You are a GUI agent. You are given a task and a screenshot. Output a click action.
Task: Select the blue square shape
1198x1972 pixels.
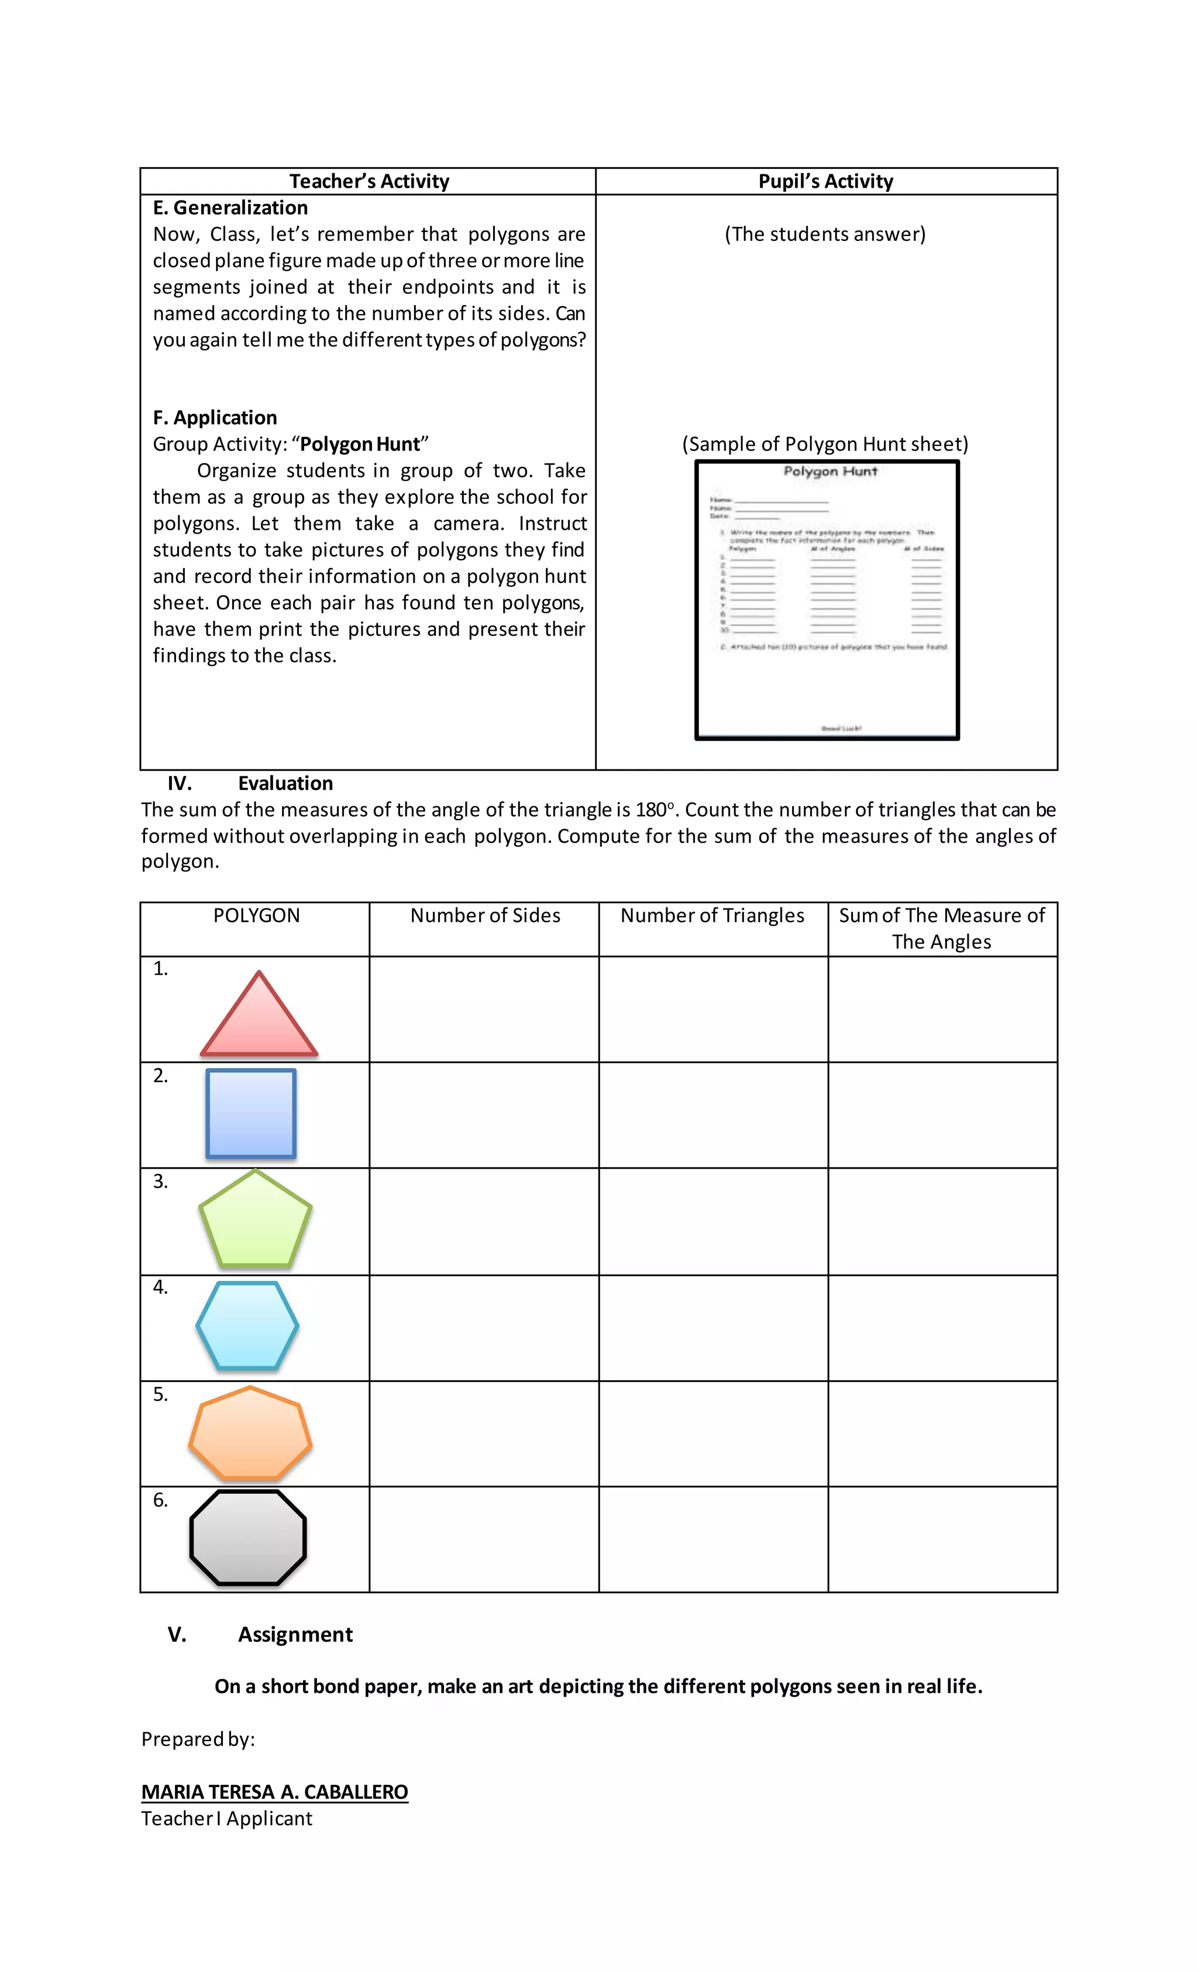coord(250,1113)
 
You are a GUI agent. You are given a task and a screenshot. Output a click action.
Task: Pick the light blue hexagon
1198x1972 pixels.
coord(247,1325)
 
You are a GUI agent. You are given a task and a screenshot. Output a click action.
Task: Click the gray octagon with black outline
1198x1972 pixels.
coord(248,1538)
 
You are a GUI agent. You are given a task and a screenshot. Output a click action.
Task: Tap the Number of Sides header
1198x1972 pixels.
coord(486,916)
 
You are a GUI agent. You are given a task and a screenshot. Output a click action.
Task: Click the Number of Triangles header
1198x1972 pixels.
coord(712,916)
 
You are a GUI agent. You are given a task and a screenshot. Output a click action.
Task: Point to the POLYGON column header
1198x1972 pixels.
coord(256,916)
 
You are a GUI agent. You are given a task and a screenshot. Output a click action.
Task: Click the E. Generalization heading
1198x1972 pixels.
coord(230,208)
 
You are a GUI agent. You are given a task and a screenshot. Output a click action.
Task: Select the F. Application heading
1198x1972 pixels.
coord(215,418)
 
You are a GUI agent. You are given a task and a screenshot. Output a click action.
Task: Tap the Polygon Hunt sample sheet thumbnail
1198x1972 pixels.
coord(827,600)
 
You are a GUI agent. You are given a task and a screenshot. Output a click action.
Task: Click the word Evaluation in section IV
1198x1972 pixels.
coord(285,783)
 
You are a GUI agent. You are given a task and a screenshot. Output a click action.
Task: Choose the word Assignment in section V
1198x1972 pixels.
coord(295,1634)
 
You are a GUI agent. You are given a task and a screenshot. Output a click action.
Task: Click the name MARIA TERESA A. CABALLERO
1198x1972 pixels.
coord(275,1792)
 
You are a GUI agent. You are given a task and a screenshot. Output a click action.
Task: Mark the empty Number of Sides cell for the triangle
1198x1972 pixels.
coord(484,1009)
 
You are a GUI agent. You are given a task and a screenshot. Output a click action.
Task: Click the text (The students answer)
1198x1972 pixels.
coord(825,234)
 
